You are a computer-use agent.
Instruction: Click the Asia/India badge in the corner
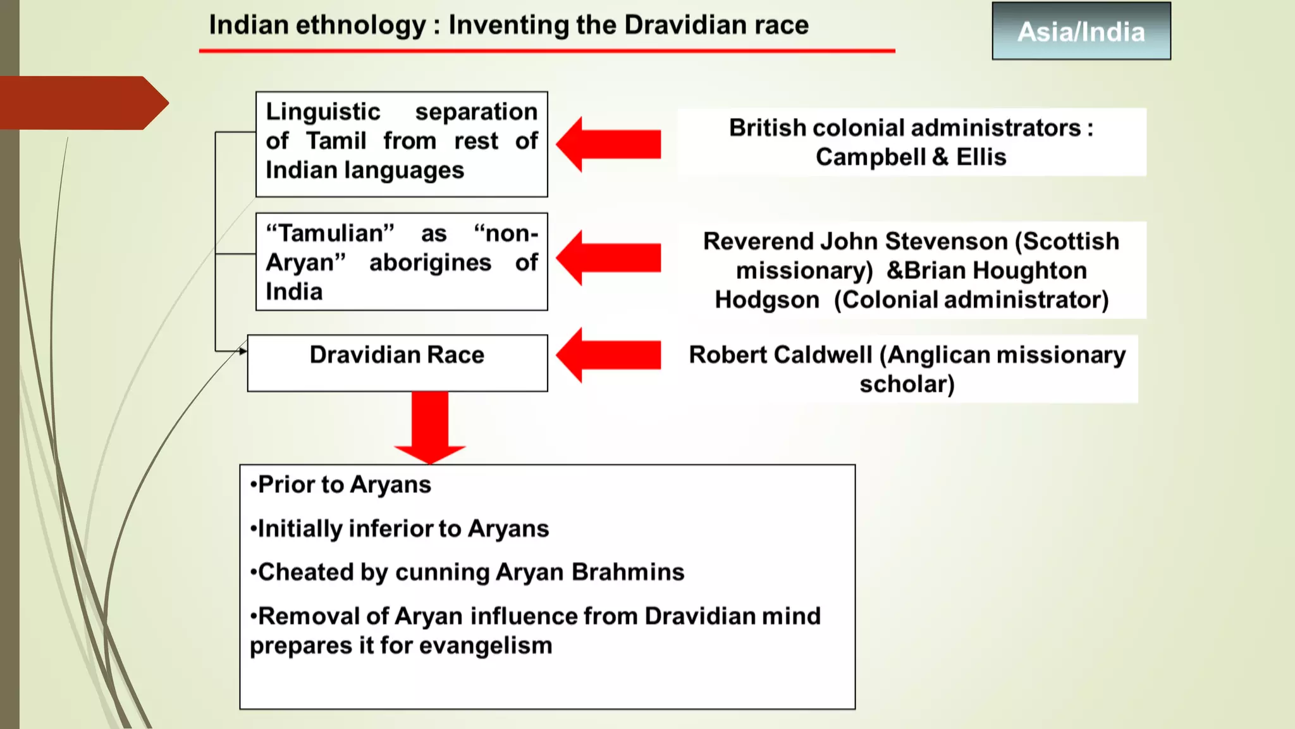[x=1081, y=32]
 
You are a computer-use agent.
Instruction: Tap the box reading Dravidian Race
[x=397, y=362]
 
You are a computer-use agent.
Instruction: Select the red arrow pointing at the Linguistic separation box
[x=608, y=144]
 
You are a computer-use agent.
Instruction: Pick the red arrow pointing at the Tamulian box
[x=608, y=258]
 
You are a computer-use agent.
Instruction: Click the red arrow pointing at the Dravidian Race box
[x=608, y=355]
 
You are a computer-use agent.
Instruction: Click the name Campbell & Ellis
[x=911, y=157]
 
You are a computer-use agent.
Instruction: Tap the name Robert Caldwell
[x=780, y=355]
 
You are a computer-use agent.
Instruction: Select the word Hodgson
[x=766, y=300]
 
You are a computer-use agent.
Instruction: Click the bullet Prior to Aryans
[x=341, y=485]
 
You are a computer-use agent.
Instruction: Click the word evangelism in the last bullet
[x=486, y=646]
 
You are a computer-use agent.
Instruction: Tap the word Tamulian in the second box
[x=331, y=234]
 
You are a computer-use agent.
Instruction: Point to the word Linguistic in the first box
[x=323, y=112]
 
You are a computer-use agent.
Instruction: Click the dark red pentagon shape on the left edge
[x=79, y=103]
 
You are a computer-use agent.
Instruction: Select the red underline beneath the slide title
[x=547, y=51]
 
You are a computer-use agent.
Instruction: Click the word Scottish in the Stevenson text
[x=1071, y=242]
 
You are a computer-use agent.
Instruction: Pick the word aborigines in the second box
[x=430, y=263]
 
